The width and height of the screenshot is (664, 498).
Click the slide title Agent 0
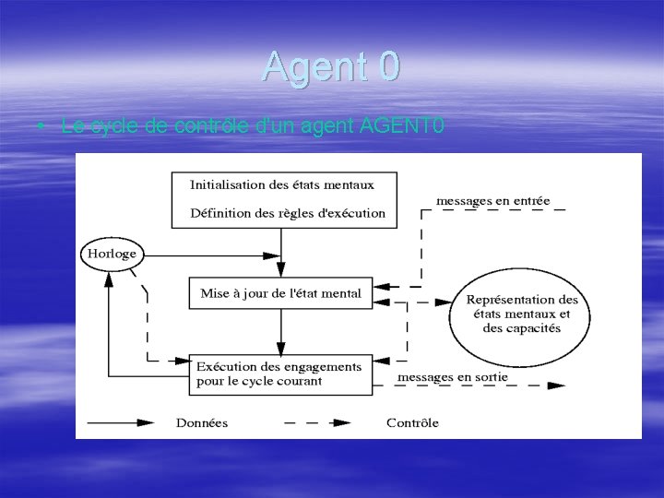[x=331, y=66]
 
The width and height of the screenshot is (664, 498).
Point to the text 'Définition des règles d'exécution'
[x=287, y=213]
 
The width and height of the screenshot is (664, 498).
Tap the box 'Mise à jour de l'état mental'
[x=280, y=294]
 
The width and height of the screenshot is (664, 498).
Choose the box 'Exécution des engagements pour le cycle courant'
[x=280, y=373]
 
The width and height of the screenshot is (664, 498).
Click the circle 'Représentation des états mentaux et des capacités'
[x=522, y=314]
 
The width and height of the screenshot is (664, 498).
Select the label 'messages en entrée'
[x=492, y=199]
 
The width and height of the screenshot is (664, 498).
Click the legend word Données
[x=201, y=423]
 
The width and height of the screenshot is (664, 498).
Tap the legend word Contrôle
[x=412, y=423]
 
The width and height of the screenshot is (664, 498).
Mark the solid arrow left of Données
[x=121, y=423]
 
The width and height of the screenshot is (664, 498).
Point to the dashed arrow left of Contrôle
[x=316, y=423]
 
